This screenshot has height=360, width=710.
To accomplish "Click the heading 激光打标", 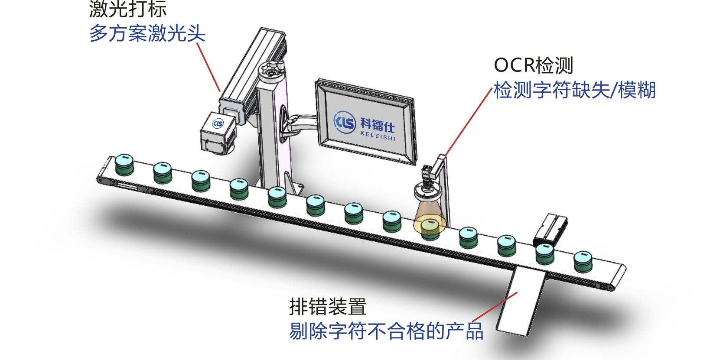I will point(128,9).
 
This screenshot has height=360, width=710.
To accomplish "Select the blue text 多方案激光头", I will point(147,34).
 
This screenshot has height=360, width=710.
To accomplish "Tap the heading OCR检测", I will point(534,65).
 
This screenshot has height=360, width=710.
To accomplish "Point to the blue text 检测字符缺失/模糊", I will point(574,90).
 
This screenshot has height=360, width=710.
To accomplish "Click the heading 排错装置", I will point(328,307).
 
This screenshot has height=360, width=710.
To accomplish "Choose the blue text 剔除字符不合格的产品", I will point(386,331).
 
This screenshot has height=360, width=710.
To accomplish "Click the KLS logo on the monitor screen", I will point(345,122).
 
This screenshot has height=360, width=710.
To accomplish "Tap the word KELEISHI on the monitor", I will point(378,136).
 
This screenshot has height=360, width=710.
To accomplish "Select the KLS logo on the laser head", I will point(218,124).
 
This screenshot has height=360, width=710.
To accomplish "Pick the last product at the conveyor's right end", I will point(583,261).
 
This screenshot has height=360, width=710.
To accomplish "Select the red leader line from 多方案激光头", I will point(208,67).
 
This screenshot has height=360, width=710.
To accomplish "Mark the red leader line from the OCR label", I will point(468,122).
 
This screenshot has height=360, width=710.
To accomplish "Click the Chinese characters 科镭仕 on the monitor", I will point(378,125).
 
